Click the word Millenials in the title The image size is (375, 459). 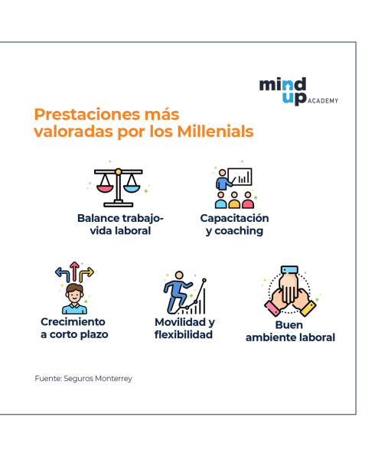[216, 131]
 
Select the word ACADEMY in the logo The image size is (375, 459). [323, 101]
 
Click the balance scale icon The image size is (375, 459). [119, 187]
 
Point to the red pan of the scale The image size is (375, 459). [105, 189]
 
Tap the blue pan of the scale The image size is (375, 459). [132, 189]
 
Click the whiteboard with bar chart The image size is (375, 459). [240, 177]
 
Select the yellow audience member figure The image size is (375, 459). [234, 200]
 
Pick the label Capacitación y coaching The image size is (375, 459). [234, 224]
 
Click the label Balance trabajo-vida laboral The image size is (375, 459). [120, 224]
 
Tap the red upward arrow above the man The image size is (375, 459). [75, 272]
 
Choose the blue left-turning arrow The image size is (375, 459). [62, 275]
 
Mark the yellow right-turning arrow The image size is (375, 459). [87, 275]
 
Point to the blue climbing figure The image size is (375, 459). [178, 292]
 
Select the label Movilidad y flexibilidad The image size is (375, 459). [184, 328]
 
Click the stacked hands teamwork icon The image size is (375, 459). [290, 291]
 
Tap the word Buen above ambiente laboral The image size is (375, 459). [289, 325]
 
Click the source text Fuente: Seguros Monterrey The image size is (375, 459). [83, 379]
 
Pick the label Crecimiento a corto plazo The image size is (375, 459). [74, 328]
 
